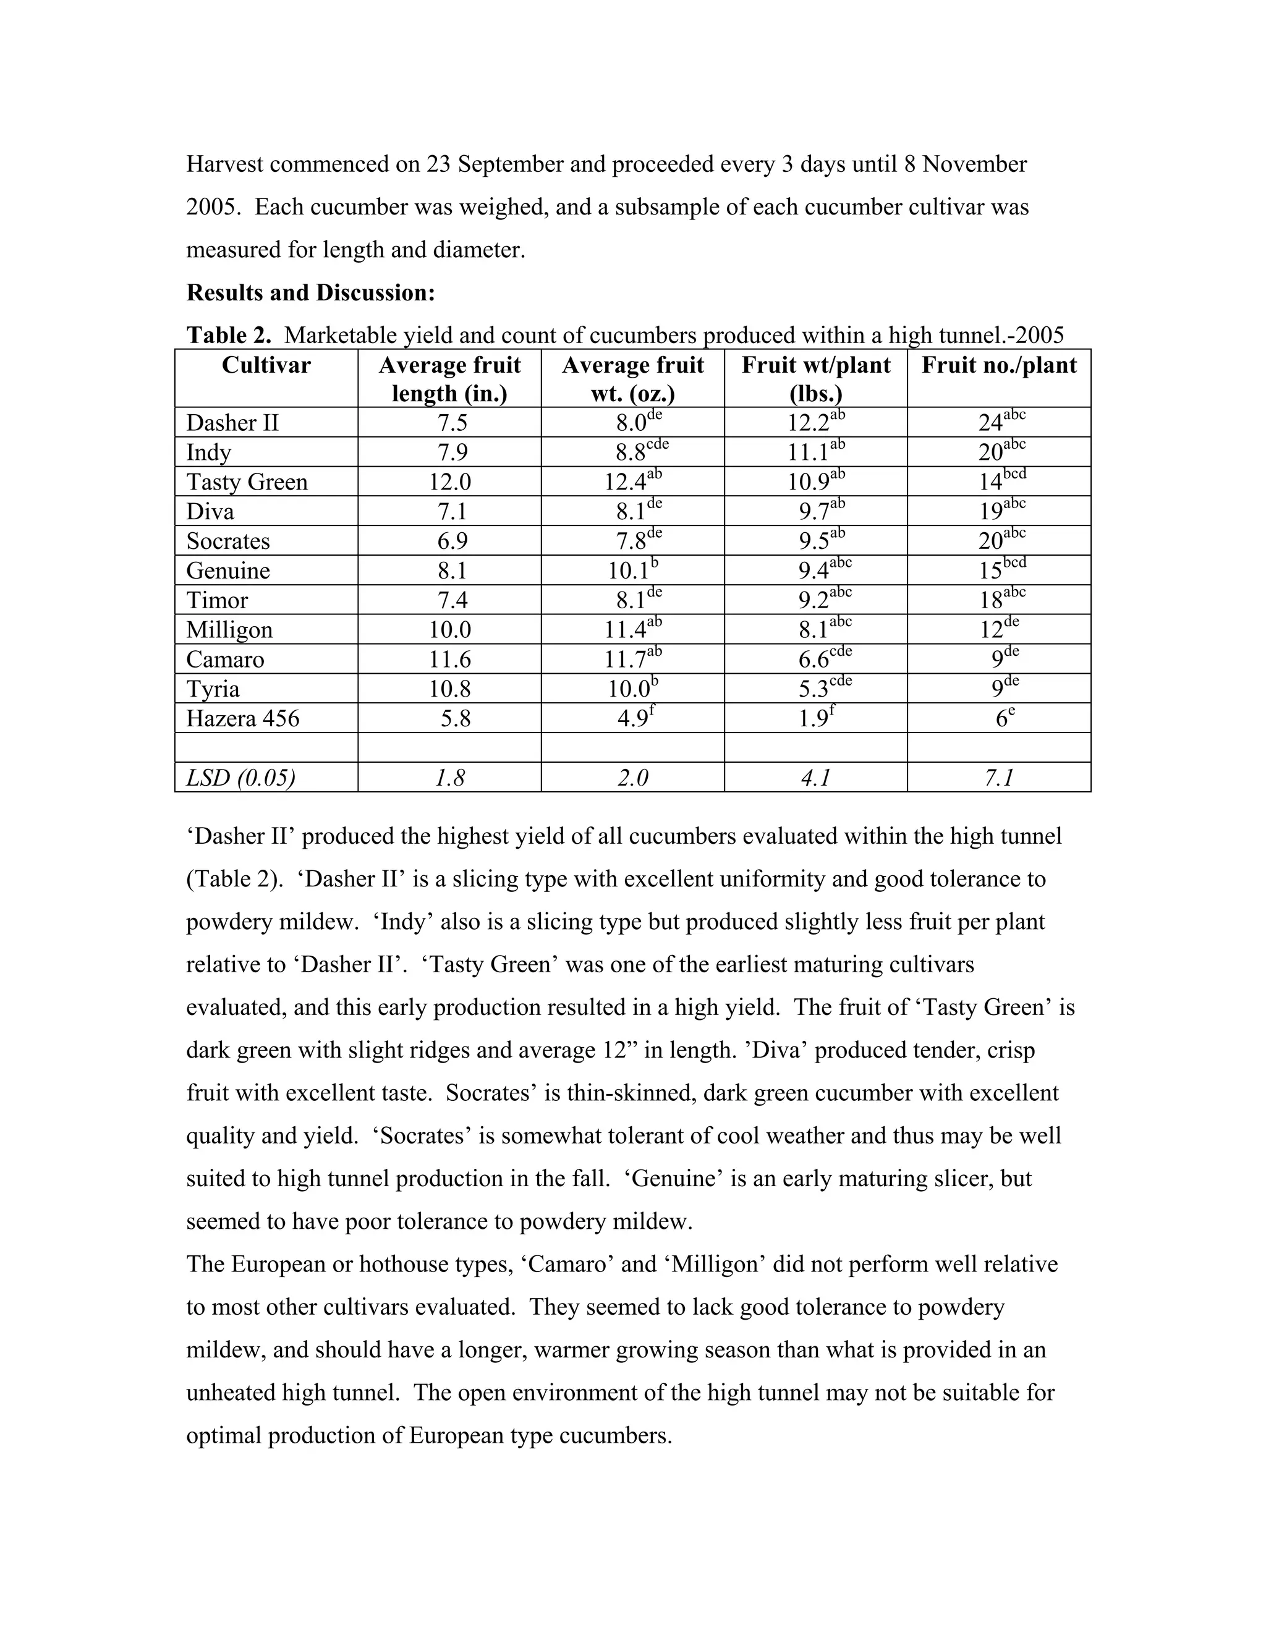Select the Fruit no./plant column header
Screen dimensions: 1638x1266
coord(998,365)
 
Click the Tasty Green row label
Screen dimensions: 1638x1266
coord(247,482)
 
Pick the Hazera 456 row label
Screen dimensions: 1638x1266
coord(242,718)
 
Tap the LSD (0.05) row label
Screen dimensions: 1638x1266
coord(240,778)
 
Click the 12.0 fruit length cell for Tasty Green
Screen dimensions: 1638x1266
coord(449,482)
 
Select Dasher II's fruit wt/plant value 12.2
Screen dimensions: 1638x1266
coord(809,423)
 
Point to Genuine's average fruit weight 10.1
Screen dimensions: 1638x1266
coord(627,571)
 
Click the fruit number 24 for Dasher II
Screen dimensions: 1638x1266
coord(991,423)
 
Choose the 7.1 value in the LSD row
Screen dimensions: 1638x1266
coord(999,778)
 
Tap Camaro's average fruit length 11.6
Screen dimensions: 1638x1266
coord(449,660)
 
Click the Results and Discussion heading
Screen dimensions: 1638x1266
coord(310,292)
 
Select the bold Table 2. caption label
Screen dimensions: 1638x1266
coord(229,335)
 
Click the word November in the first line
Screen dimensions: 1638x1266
coord(974,164)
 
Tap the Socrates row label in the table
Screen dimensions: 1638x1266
coord(227,541)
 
